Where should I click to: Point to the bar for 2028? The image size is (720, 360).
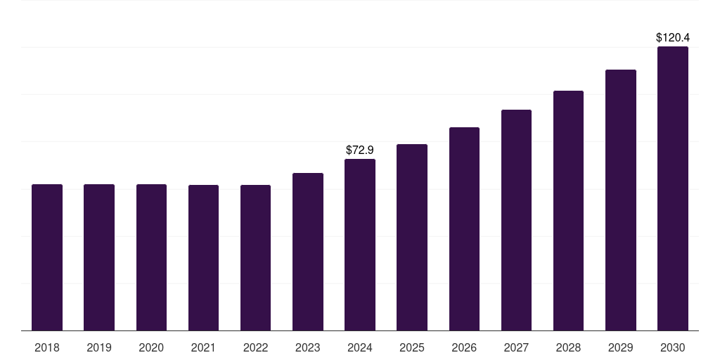pyautogui.click(x=568, y=210)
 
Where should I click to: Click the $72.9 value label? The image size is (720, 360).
pyautogui.click(x=360, y=150)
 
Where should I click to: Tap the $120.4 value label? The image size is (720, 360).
pyautogui.click(x=672, y=37)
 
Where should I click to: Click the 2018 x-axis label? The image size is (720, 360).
pyautogui.click(x=47, y=347)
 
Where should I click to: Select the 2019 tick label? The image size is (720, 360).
pyautogui.click(x=99, y=347)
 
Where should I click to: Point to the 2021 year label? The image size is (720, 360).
pyautogui.click(x=203, y=347)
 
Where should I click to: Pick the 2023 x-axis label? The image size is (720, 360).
pyautogui.click(x=307, y=347)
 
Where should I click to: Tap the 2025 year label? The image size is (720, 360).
pyautogui.click(x=412, y=347)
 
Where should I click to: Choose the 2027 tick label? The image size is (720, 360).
pyautogui.click(x=516, y=347)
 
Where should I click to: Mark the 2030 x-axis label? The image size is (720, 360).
pyautogui.click(x=672, y=347)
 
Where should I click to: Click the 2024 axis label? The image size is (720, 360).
pyautogui.click(x=360, y=347)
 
